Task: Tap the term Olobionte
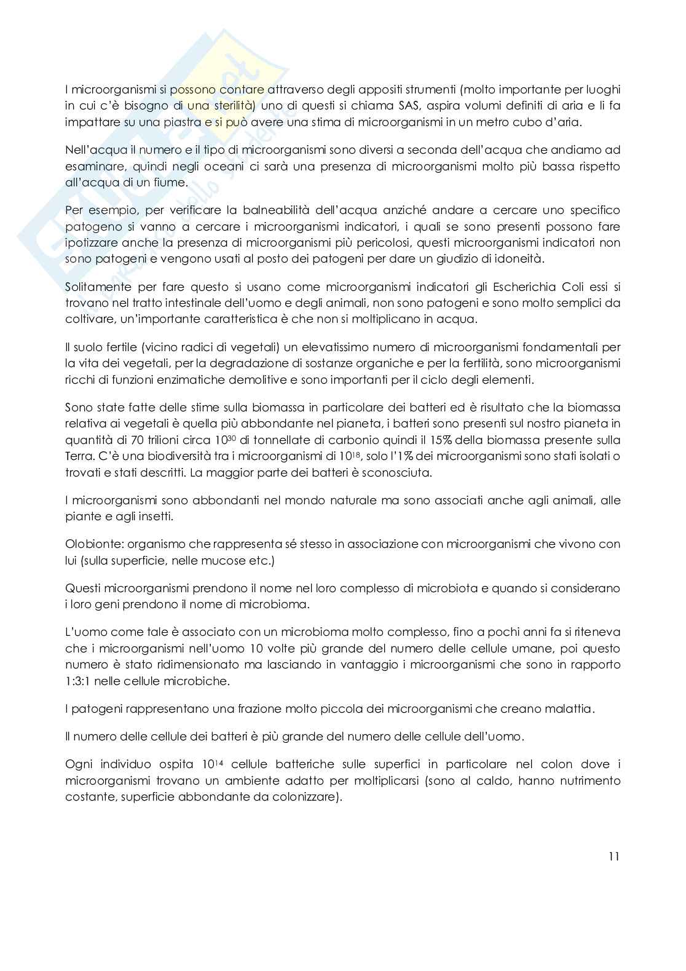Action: [x=89, y=544]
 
